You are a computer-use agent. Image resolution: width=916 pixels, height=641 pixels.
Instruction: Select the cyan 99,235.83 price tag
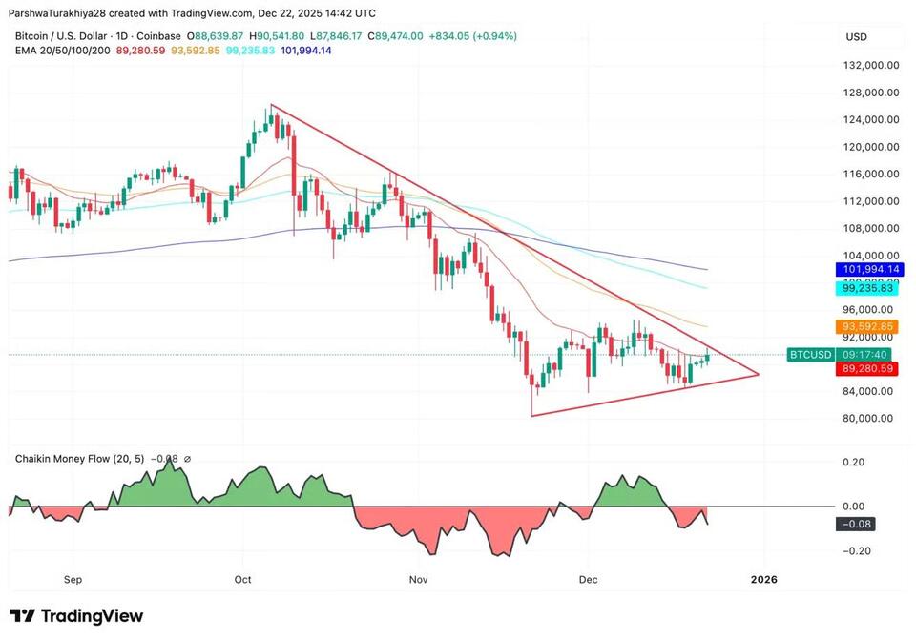[x=866, y=287]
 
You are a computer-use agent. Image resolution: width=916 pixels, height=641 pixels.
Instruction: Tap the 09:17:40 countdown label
[x=866, y=355]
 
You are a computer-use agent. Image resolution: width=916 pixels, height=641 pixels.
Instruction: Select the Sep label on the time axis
[x=73, y=579]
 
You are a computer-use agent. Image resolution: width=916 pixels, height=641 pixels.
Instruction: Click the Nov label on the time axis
[x=417, y=579]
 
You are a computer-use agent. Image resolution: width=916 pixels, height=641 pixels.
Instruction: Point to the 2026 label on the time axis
[x=763, y=579]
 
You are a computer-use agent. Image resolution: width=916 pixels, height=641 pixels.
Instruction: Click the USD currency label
[x=856, y=37]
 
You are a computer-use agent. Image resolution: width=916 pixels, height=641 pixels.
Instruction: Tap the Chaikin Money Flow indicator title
[x=79, y=459]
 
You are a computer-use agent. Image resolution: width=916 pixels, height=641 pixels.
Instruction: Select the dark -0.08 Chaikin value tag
[x=856, y=524]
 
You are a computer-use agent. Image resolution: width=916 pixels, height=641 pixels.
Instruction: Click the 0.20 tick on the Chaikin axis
[x=854, y=463]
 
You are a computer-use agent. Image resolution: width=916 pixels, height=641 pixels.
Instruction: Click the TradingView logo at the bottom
[x=76, y=616]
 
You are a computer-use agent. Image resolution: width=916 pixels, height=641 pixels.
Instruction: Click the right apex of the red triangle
[x=759, y=374]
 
